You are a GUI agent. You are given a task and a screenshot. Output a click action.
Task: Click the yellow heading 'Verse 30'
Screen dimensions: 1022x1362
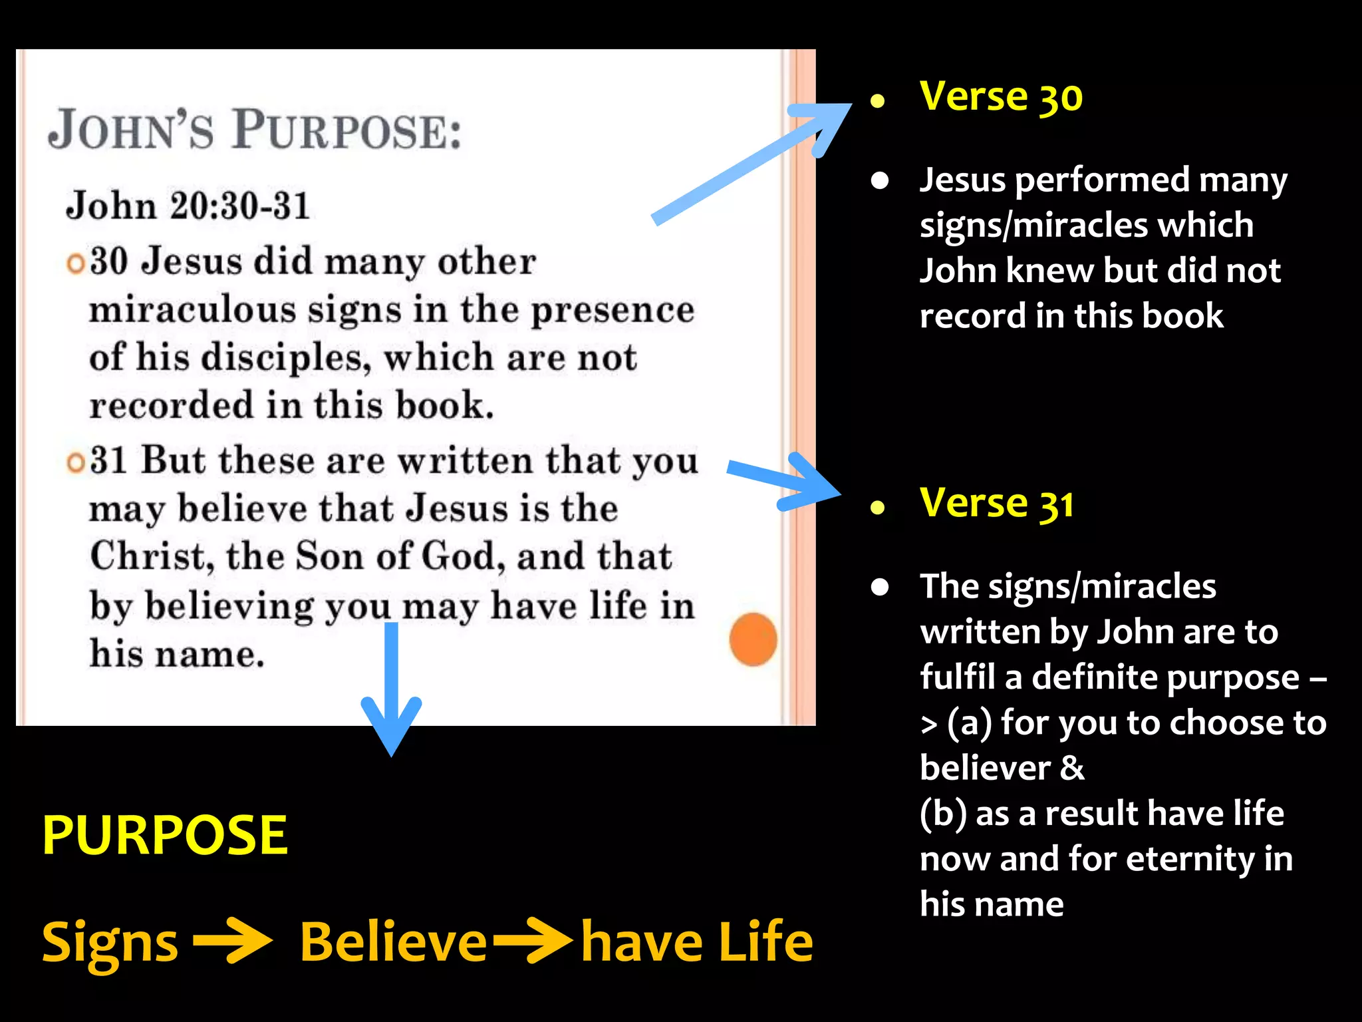1001,97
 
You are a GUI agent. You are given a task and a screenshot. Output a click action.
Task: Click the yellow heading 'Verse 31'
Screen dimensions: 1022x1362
996,504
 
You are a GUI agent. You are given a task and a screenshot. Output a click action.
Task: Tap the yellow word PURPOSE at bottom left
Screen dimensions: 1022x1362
164,836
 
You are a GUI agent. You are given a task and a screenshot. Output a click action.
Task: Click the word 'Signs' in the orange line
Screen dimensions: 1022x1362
110,943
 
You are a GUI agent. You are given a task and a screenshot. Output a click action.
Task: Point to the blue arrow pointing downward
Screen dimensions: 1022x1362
391,692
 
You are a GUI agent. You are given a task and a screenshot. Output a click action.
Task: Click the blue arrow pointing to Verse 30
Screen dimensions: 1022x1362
751,163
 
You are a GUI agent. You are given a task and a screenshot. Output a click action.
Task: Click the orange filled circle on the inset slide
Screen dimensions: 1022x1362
753,639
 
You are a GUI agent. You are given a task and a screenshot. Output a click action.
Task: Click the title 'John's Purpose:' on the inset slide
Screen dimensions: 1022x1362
255,130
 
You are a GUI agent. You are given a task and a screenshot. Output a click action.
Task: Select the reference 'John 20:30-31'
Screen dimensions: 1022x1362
188,206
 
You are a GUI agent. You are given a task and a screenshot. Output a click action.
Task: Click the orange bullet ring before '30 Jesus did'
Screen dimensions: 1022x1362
76,264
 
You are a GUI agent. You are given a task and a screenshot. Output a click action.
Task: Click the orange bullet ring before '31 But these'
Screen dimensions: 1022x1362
76,463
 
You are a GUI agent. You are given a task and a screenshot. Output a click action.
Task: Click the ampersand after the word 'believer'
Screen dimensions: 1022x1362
1071,768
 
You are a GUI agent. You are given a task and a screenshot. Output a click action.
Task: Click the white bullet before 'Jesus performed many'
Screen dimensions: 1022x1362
880,181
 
